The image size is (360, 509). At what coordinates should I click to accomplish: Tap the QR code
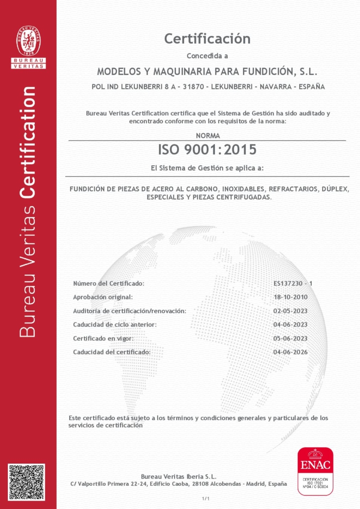click(x=26, y=482)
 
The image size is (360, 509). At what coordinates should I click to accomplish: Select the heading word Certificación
click(x=207, y=38)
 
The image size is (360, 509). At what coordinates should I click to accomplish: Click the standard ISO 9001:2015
click(x=207, y=149)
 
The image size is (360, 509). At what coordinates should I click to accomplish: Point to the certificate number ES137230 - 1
click(x=292, y=283)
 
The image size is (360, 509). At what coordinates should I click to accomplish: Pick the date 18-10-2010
click(x=290, y=297)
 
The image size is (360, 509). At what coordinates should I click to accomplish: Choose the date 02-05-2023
click(x=290, y=311)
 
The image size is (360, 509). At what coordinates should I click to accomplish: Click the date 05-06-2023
click(x=290, y=339)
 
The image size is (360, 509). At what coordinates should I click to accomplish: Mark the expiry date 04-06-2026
click(x=290, y=352)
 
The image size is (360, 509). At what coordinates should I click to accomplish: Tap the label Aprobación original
click(x=103, y=297)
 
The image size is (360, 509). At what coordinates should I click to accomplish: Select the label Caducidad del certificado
click(x=112, y=352)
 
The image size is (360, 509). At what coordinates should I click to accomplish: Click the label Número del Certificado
click(x=108, y=283)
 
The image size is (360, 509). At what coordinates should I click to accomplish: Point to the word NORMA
click(x=207, y=135)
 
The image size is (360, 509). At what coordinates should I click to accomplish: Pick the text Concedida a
click(x=207, y=55)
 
